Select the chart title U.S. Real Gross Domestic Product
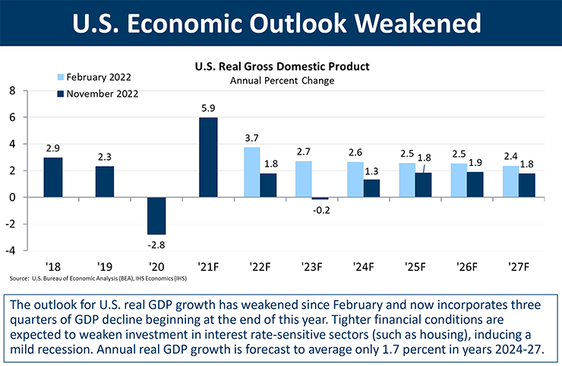281,67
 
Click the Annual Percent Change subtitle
281,80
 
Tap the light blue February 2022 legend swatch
60,78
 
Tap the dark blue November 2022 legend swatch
60,94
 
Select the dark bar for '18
53,177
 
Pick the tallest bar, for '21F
208,158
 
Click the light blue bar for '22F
251,172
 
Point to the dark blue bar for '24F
371,188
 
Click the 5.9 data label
208,109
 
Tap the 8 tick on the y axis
12,91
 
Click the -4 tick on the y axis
11,250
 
